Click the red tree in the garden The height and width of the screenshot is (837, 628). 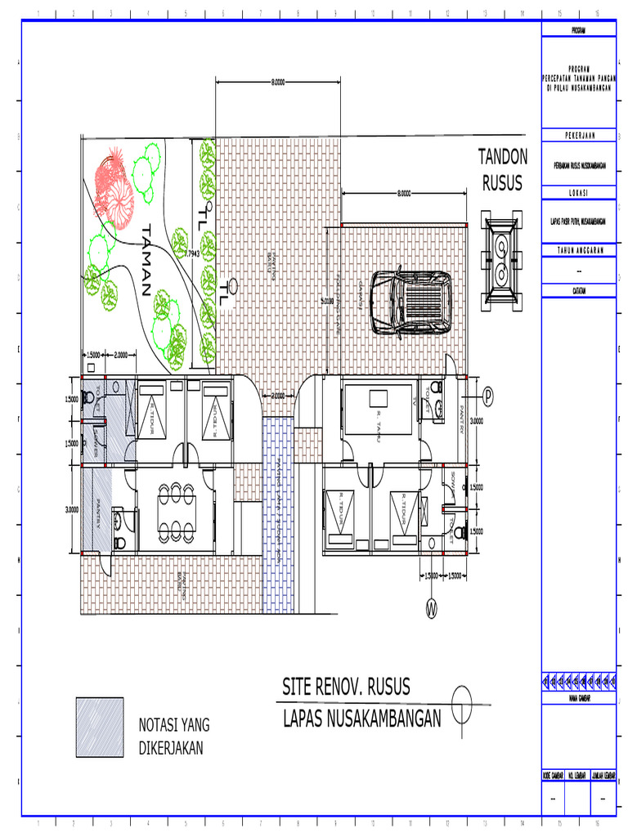(113, 185)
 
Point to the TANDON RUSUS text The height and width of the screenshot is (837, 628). (502, 169)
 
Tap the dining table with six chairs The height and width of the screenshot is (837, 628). (175, 509)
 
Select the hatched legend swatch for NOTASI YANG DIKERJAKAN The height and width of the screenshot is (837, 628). (100, 727)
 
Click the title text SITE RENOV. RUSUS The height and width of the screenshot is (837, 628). (346, 687)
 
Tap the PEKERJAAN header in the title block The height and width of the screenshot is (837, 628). (580, 135)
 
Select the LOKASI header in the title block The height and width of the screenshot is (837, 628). (580, 193)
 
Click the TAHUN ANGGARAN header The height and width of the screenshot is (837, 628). (580, 250)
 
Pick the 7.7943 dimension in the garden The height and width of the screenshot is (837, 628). (193, 254)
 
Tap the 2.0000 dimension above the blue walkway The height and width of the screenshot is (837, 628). (278, 396)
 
